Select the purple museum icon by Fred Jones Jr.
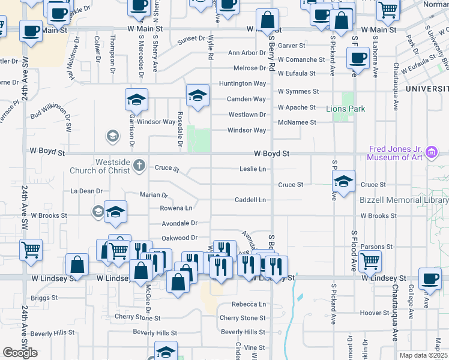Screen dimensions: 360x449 coord(431,154)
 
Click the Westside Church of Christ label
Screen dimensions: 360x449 coord(112,166)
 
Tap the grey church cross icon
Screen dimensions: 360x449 coord(139,164)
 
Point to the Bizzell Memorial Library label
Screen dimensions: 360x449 coord(404,200)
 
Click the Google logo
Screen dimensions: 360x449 coord(20,353)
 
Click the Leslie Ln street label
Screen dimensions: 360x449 coord(253,169)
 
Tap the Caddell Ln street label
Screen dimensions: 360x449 coord(250,200)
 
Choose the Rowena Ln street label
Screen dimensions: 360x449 coord(176,208)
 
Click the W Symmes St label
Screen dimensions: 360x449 coord(298,91)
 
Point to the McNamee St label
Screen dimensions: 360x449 coord(297,122)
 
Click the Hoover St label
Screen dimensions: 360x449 coord(375,313)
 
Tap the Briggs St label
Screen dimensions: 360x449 coord(44,298)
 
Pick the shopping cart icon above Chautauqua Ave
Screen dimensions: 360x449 coord(370,260)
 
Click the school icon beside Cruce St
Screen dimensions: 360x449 coord(342,182)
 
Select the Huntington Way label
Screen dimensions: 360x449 coord(243,83)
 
